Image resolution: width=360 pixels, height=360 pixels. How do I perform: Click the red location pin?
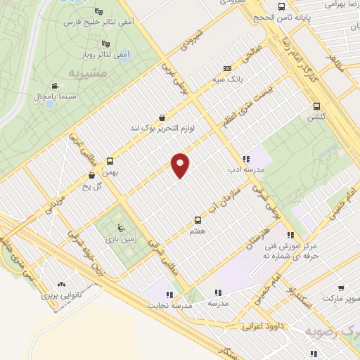(x=181, y=165)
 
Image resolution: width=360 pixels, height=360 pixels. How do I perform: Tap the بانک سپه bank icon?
(x=226, y=68)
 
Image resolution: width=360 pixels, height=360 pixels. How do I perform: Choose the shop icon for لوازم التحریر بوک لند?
(x=163, y=117)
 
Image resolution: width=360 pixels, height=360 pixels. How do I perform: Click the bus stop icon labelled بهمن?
(x=110, y=161)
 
